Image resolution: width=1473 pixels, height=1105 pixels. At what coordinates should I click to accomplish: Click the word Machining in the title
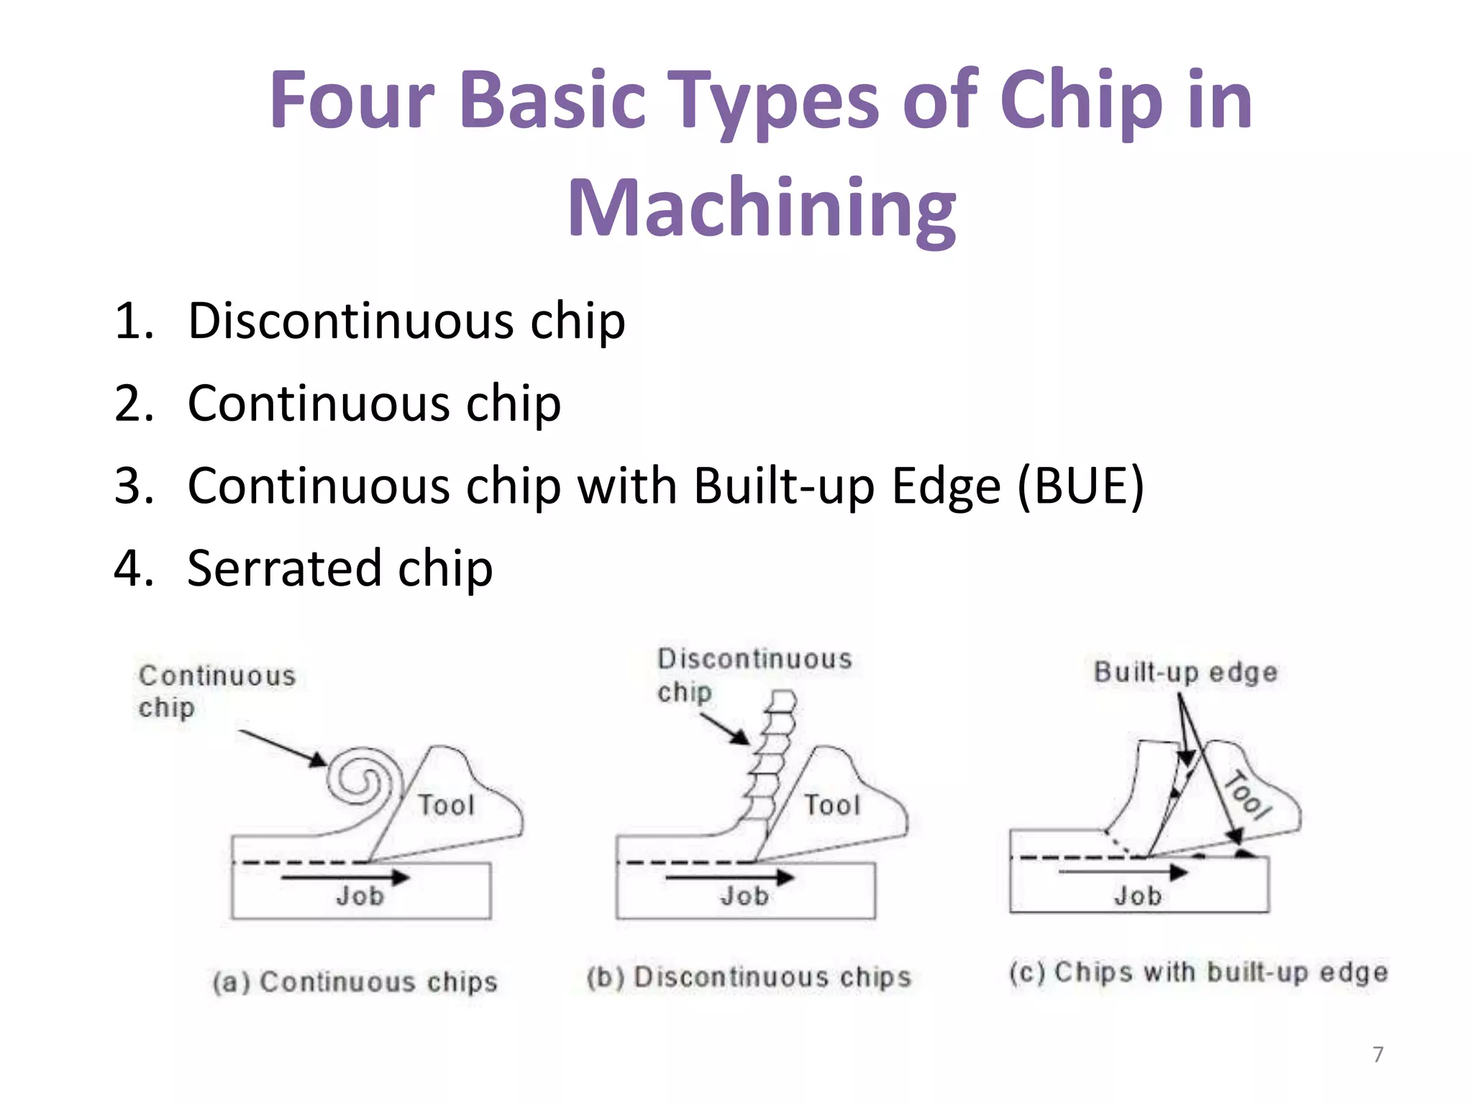762,209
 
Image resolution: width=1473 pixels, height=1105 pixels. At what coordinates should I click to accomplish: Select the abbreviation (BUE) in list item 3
1080,486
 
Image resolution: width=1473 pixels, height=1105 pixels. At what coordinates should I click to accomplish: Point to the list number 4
134,568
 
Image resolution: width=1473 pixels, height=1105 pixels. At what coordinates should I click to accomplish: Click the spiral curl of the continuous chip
362,780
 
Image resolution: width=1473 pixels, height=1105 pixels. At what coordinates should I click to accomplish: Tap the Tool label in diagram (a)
447,805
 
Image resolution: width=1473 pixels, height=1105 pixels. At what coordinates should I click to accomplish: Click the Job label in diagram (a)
360,896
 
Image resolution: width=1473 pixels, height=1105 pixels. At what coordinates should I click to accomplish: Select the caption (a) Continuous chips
355,982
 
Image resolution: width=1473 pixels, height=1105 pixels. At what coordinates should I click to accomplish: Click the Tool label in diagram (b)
832,805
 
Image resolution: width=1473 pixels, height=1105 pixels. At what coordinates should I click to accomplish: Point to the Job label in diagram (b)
745,896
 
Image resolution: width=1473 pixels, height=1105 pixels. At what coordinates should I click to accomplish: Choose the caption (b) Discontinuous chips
749,977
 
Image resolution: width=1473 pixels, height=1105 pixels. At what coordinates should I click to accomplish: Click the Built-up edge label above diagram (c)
1185,672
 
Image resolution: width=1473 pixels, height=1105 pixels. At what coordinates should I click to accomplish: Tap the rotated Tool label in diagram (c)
1248,795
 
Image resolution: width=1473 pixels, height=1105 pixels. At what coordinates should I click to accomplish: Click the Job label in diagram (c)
1139,896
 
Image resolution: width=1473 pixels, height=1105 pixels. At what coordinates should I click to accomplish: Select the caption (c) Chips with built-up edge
1198,972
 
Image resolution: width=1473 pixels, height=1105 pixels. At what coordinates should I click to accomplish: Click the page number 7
1378,1054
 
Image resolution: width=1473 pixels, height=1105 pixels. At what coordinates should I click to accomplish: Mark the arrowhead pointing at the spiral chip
319,759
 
